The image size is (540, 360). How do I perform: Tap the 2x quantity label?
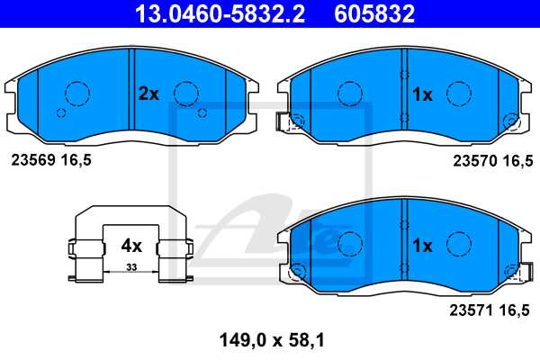148,94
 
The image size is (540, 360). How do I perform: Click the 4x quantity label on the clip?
131,245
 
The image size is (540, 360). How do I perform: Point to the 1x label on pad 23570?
422,94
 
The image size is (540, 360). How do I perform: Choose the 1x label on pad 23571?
422,245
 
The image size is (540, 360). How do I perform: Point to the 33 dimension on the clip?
131,267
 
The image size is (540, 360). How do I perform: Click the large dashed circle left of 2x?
76,93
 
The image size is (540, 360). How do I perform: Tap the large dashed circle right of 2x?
186,93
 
